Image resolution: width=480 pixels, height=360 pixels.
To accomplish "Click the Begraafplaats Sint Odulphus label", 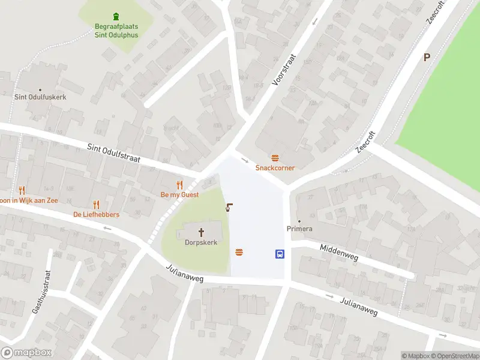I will click(x=116, y=31).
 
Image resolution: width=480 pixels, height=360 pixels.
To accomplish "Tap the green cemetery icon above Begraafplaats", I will click(x=116, y=16).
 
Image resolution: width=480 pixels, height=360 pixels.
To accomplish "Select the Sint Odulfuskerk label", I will click(x=40, y=97).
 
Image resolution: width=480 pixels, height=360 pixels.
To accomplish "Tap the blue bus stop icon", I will click(x=280, y=254).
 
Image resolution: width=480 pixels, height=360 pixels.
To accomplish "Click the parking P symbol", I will click(x=427, y=58).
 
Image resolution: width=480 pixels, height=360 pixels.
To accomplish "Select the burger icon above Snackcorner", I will click(x=275, y=158).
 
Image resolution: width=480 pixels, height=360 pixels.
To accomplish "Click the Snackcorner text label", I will click(x=275, y=168).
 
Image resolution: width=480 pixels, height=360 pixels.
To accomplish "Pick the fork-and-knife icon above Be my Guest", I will click(x=179, y=185).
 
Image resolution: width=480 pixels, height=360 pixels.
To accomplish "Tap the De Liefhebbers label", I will click(x=96, y=214).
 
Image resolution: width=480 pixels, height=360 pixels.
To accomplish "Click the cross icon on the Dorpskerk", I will click(x=201, y=231).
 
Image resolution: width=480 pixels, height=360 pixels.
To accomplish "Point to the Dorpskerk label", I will click(x=201, y=242).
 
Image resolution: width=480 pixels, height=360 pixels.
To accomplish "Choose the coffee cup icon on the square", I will click(x=229, y=208).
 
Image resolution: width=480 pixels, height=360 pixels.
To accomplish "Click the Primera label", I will click(x=299, y=229).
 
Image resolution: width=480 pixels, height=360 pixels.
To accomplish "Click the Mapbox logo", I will click(x=26, y=353).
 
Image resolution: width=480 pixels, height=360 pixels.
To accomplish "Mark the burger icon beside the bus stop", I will click(x=239, y=253).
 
